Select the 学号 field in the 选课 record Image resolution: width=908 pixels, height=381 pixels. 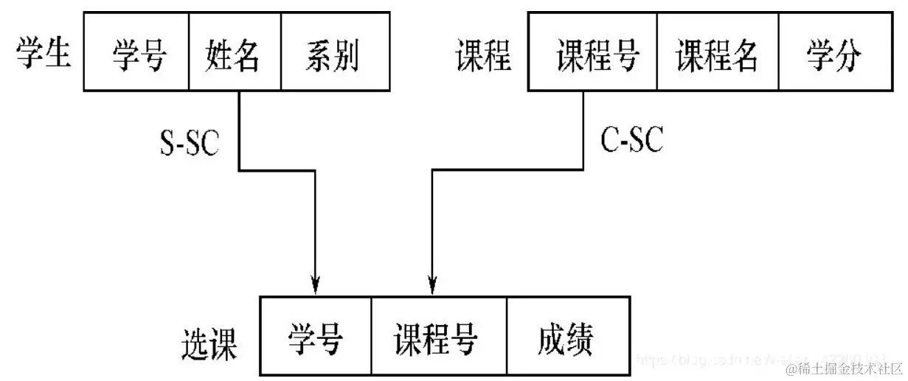[316, 337]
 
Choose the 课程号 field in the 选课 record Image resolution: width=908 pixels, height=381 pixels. [438, 337]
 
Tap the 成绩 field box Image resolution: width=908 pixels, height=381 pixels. [566, 337]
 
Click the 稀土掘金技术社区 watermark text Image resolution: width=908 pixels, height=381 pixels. [845, 368]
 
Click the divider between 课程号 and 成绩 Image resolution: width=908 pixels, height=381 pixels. [506, 337]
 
